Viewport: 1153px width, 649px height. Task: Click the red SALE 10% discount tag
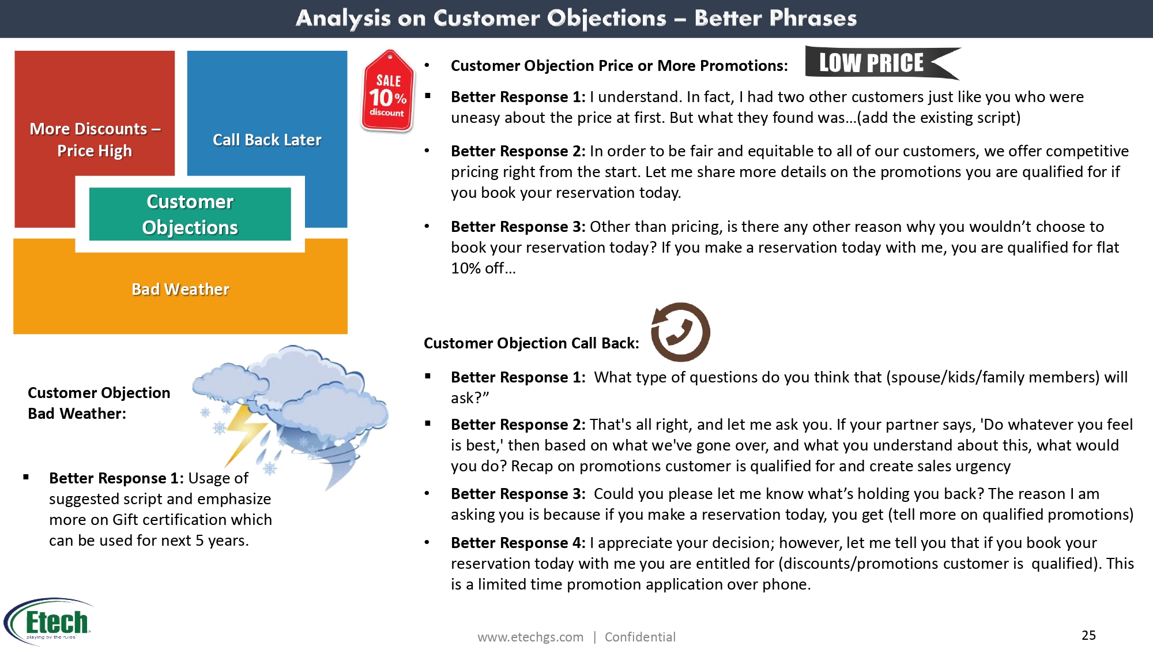pyautogui.click(x=388, y=91)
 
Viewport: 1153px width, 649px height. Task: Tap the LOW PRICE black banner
pyautogui.click(x=882, y=63)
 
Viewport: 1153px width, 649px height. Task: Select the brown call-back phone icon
pyautogui.click(x=680, y=332)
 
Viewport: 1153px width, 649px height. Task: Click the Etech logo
pyautogui.click(x=49, y=621)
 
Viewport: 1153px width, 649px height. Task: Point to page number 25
pyautogui.click(x=1088, y=635)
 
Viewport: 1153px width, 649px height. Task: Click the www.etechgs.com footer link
pyautogui.click(x=530, y=637)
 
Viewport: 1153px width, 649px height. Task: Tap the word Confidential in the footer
pyautogui.click(x=640, y=637)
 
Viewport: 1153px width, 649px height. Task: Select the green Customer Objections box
pyautogui.click(x=190, y=214)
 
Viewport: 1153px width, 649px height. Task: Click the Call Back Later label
pyautogui.click(x=267, y=140)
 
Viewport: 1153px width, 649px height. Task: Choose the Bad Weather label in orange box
pyautogui.click(x=180, y=289)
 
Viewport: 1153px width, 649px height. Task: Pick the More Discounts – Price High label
pyautogui.click(x=95, y=140)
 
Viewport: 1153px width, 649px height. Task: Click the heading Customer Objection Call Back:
pyautogui.click(x=532, y=343)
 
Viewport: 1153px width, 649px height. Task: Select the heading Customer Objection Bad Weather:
pyautogui.click(x=99, y=403)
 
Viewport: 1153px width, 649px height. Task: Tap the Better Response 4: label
pyautogui.click(x=518, y=543)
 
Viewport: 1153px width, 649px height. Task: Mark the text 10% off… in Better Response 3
pyautogui.click(x=483, y=268)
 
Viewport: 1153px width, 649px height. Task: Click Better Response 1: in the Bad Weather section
pyautogui.click(x=116, y=478)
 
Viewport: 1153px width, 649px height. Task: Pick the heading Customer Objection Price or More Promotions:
pyautogui.click(x=619, y=66)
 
